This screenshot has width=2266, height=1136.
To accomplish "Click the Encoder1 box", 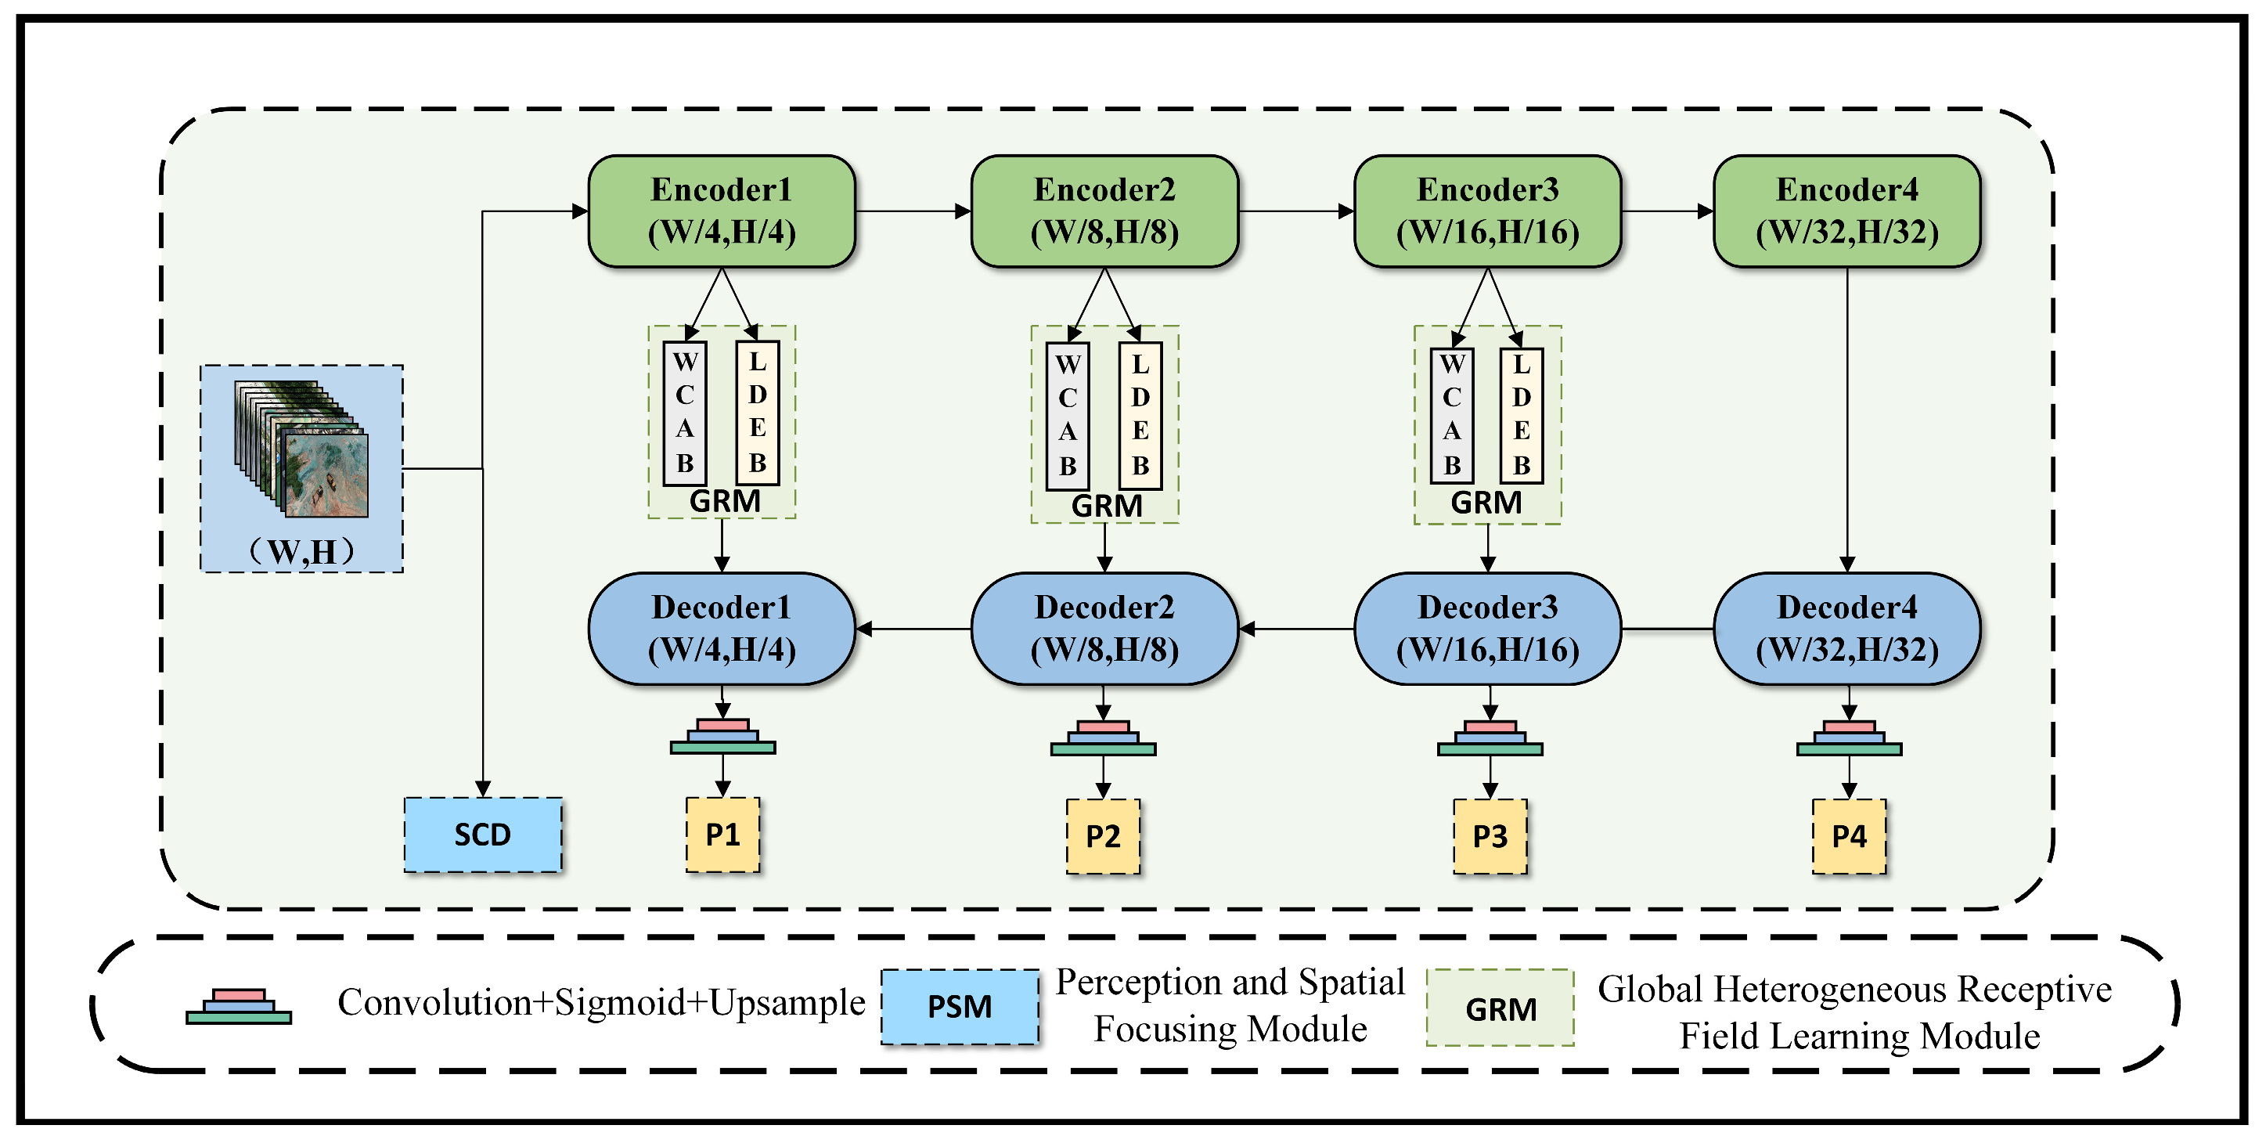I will point(722,211).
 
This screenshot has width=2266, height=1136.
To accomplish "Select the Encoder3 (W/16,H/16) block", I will point(1487,211).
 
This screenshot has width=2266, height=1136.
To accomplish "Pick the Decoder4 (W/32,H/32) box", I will point(1846,628).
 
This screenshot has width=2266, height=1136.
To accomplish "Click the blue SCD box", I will point(483,834).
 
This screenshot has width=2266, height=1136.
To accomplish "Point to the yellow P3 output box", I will point(1490,836).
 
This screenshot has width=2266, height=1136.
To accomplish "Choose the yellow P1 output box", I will point(722,834).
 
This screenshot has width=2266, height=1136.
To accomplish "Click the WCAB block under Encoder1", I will point(684,413).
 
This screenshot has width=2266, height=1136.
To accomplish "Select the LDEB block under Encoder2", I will point(1140,415).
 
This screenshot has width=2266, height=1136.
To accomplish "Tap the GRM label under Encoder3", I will point(1486,503).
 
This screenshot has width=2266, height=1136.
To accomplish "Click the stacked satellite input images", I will point(301,448).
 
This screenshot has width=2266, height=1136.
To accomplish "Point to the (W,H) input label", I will point(301,552).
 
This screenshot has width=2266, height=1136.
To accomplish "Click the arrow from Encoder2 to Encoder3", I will point(1295,211).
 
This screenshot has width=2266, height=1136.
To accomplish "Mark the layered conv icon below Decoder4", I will point(1848,738).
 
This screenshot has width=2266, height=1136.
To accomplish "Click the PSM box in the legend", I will point(960,1007).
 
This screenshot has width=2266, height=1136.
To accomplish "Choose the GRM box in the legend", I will point(1500,1008).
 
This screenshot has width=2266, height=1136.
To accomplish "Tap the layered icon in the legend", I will point(239,1008).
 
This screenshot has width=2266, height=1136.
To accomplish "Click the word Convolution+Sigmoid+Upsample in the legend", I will point(602,1002).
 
